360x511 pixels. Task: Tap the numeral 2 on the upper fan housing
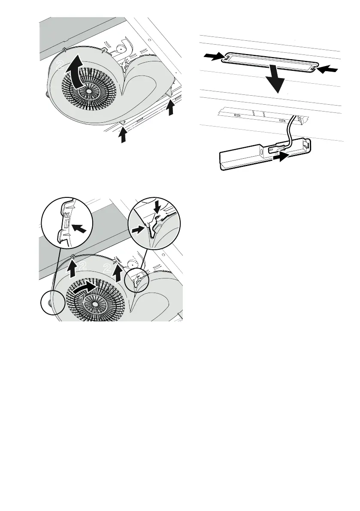point(60,64)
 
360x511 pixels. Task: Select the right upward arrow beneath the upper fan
point(170,108)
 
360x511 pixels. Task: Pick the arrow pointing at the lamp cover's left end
point(213,57)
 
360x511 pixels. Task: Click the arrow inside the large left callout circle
point(79,228)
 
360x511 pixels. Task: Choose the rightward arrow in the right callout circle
point(138,230)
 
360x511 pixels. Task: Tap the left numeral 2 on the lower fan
point(83,266)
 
